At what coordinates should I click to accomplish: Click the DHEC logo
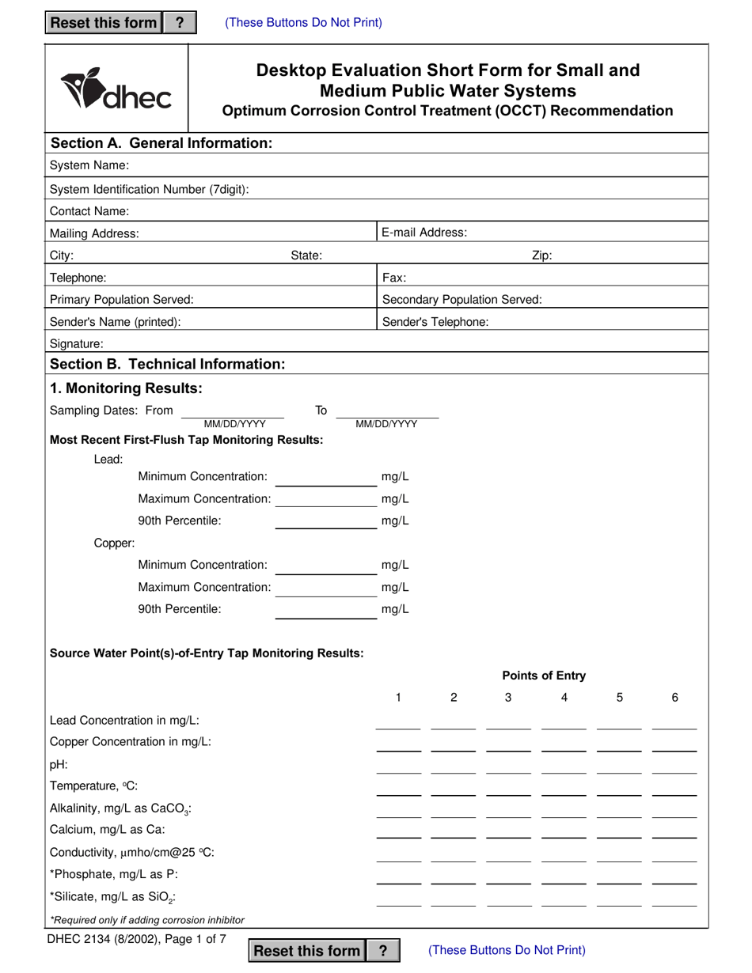tap(116, 89)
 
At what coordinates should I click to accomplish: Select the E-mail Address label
tap(424, 233)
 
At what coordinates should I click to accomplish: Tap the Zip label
tap(541, 256)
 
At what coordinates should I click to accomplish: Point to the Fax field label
tap(394, 278)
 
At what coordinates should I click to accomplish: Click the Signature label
tap(77, 344)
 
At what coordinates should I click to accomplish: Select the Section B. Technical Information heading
tap(167, 364)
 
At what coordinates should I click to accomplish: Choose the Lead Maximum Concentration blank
tap(326, 501)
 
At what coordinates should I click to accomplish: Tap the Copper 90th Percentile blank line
tap(326, 611)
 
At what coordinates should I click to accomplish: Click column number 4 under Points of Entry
tap(564, 698)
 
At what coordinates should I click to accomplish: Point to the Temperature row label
tap(94, 786)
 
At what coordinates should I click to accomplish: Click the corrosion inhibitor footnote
tap(147, 920)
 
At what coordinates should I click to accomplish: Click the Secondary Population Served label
tap(462, 300)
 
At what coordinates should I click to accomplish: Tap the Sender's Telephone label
tap(435, 322)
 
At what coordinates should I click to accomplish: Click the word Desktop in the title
tap(291, 70)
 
